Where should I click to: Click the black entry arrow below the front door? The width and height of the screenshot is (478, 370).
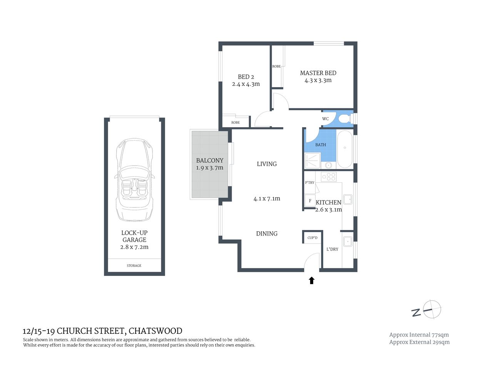[312, 281]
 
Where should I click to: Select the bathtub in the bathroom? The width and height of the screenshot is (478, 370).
[345, 149]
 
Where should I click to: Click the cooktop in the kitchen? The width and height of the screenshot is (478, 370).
[329, 177]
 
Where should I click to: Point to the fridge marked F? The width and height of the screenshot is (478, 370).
[310, 201]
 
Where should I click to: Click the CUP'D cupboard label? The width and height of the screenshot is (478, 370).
[312, 238]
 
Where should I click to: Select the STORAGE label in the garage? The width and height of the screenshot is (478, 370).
[134, 266]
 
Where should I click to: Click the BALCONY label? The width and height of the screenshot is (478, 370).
[209, 160]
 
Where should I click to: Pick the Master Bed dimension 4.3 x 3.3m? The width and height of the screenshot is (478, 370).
[318, 81]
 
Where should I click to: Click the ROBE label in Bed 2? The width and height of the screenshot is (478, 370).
[236, 123]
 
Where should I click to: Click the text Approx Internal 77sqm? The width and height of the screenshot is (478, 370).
[419, 335]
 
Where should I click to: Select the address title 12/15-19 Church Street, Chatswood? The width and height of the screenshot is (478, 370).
[102, 331]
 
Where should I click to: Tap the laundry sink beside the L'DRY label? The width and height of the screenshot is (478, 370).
[347, 242]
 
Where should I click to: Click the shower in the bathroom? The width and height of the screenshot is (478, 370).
[312, 161]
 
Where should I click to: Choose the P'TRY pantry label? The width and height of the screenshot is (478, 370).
[309, 183]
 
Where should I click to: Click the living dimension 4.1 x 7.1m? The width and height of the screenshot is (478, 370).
[267, 199]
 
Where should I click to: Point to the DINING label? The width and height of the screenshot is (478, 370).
[267, 234]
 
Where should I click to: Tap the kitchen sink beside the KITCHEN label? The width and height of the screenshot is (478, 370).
[348, 199]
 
